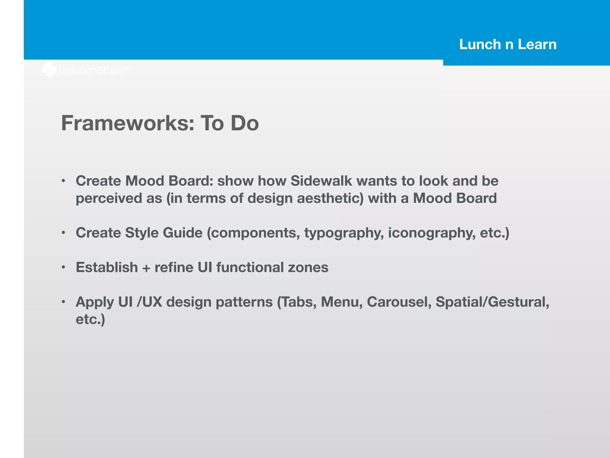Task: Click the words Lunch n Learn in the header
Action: (508, 44)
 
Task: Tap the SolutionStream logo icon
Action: (49, 70)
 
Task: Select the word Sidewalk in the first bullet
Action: (321, 181)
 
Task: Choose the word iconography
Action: (432, 233)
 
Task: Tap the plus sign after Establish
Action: (146, 268)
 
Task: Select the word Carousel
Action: (399, 302)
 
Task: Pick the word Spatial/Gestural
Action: (492, 302)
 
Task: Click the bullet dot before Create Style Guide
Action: (63, 233)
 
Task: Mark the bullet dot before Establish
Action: (63, 267)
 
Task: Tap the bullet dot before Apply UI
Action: (63, 302)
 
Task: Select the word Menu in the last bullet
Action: (342, 302)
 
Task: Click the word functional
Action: (250, 267)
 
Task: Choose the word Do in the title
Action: (245, 123)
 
